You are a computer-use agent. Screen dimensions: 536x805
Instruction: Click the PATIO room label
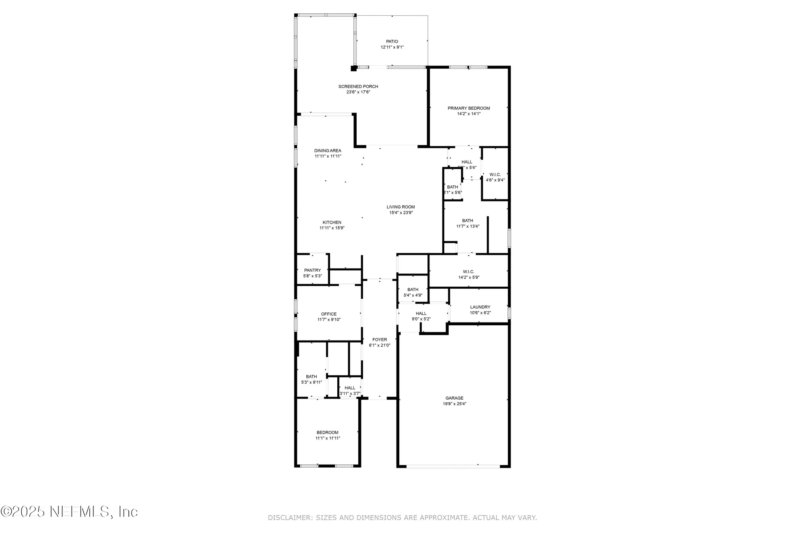click(x=392, y=41)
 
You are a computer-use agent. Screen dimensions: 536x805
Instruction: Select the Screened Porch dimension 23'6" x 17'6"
click(x=358, y=92)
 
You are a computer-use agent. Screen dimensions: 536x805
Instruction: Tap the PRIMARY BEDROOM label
click(x=469, y=108)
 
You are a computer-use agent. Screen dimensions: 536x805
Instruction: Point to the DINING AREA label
click(x=328, y=151)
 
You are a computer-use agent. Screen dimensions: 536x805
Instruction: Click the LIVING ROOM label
click(x=400, y=207)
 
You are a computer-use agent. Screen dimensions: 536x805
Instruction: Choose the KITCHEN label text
click(x=332, y=222)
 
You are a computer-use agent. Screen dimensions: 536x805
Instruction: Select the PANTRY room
click(x=312, y=270)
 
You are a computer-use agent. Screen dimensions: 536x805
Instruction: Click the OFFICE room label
click(x=329, y=314)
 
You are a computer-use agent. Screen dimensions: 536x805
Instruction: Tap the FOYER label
click(x=380, y=340)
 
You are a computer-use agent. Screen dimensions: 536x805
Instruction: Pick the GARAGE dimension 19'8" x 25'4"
click(x=454, y=404)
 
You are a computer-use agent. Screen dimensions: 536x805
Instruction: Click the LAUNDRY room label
click(x=480, y=307)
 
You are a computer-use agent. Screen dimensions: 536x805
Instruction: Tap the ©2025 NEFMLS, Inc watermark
click(x=69, y=511)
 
